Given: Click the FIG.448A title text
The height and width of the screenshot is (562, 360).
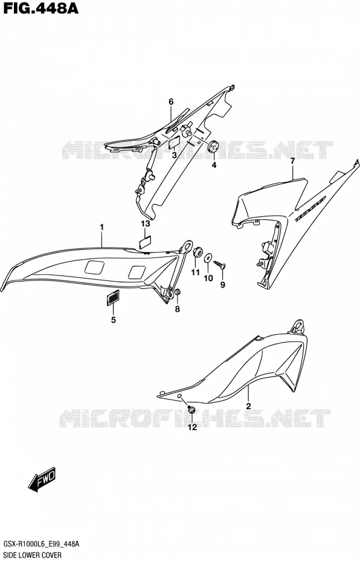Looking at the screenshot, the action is [x=40, y=8].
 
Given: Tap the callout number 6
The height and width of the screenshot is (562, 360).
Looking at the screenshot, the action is [x=171, y=102].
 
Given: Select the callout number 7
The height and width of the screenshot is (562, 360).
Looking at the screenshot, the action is [x=292, y=161].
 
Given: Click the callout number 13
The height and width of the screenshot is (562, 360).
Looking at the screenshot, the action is [x=145, y=224].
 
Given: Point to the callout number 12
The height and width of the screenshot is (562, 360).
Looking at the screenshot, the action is [x=192, y=427].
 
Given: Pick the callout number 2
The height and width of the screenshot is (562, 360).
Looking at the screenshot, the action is [x=248, y=406].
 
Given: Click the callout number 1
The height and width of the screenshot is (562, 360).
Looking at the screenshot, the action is [x=101, y=227].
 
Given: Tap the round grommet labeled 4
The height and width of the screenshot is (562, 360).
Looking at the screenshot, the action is [x=214, y=147].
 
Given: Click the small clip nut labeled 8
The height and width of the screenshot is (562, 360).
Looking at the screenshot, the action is [x=176, y=293].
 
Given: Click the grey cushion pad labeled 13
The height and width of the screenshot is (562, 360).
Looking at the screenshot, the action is [x=145, y=242].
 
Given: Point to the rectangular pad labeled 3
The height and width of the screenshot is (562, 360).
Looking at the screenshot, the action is [x=174, y=143].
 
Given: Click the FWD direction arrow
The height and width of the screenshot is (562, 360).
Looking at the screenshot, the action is [x=42, y=479].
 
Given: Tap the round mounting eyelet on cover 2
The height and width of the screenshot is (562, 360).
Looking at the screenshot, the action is [x=298, y=326].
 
